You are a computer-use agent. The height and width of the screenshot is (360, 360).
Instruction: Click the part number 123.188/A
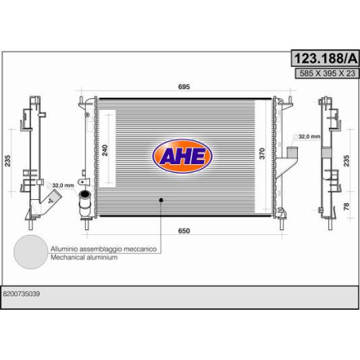click(x=325, y=58)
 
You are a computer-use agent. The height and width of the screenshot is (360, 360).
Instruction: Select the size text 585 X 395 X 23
click(x=327, y=73)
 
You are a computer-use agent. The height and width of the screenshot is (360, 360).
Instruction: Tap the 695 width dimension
click(x=184, y=87)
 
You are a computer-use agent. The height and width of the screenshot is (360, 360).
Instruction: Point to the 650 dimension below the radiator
click(x=184, y=231)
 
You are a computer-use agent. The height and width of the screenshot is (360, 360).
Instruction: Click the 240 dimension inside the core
click(x=105, y=151)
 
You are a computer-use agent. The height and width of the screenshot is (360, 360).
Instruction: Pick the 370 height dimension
click(x=262, y=154)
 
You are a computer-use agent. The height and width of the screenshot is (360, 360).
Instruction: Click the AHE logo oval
click(x=182, y=156)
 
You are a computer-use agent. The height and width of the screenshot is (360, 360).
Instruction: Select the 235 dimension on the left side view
click(x=7, y=161)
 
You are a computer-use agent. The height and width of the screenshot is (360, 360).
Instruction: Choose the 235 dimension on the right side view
click(x=346, y=161)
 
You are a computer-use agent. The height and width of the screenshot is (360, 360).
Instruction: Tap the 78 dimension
click(x=346, y=206)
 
